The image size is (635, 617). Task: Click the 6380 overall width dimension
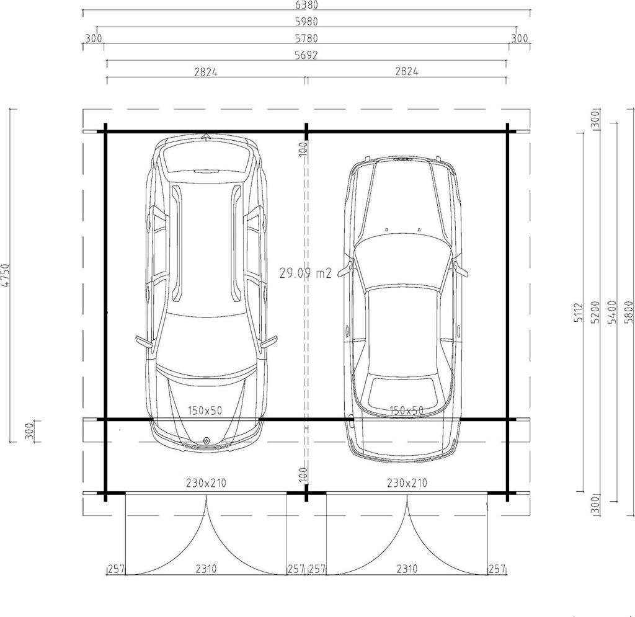(306, 5)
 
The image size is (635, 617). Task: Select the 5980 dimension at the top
(306, 22)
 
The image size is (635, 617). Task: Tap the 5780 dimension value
(306, 38)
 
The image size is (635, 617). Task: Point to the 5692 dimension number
(306, 55)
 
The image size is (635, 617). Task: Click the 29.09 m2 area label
(306, 273)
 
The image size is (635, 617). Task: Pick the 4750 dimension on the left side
(5, 275)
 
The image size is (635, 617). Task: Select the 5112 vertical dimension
(579, 312)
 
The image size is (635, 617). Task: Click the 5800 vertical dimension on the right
(629, 312)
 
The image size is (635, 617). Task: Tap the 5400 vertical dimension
(612, 312)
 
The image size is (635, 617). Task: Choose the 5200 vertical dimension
(595, 312)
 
